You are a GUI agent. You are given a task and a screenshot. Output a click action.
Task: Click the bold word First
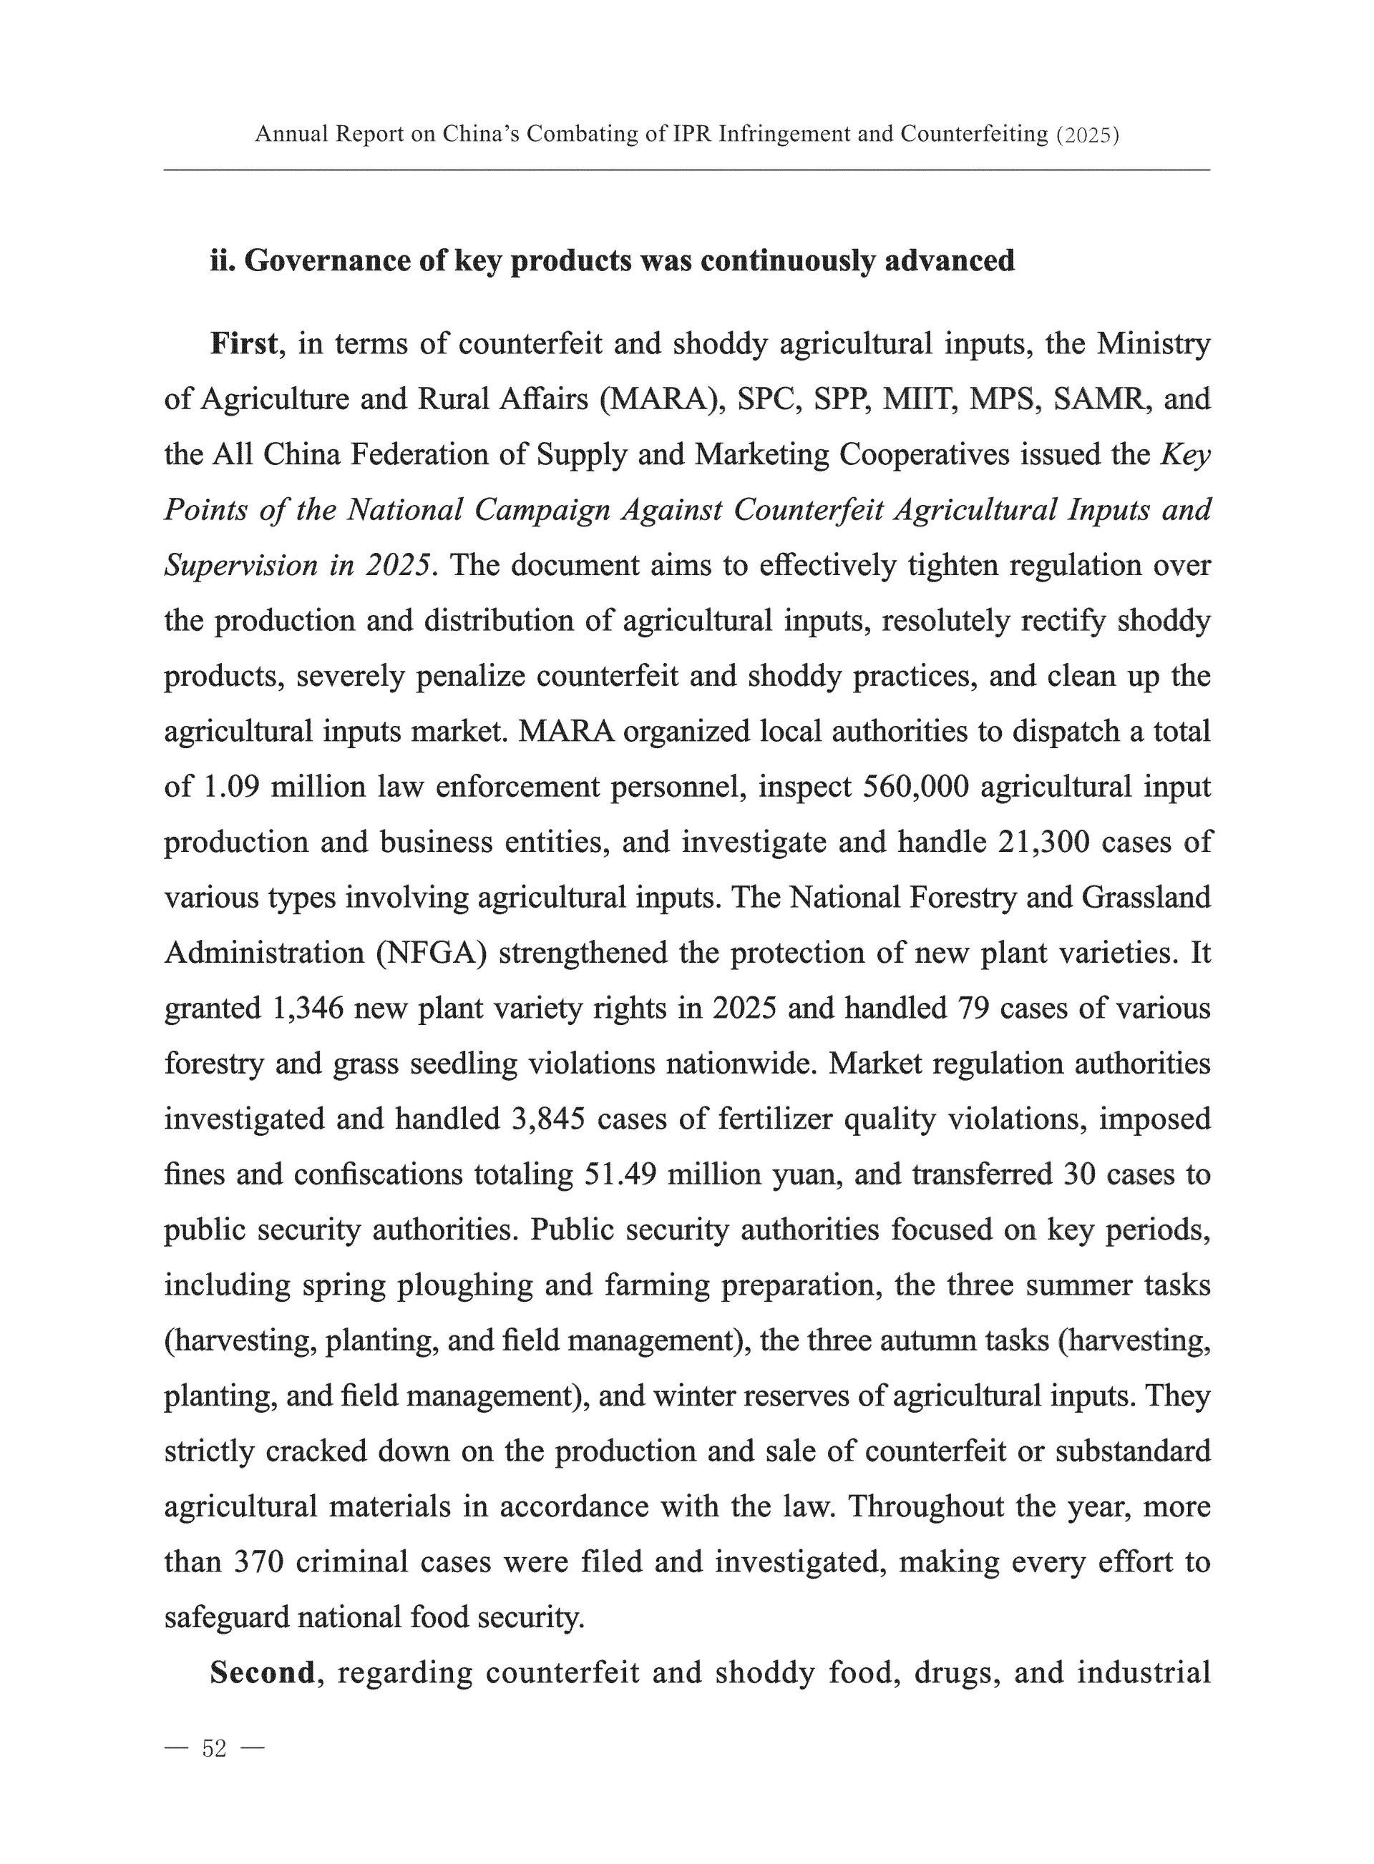pos(243,343)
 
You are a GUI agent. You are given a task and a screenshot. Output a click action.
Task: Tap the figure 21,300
pos(1042,842)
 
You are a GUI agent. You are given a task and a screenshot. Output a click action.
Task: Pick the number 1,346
pos(308,1008)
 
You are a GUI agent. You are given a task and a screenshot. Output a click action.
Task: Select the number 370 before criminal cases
pos(260,1561)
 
